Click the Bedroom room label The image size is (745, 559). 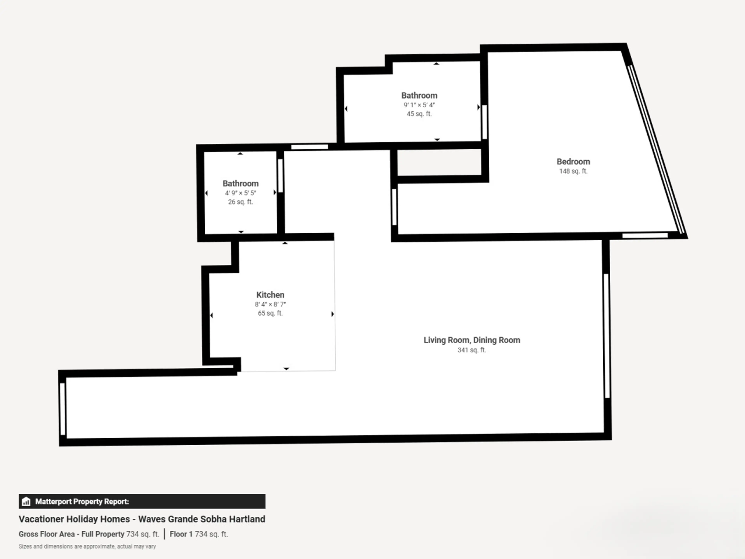pos(573,162)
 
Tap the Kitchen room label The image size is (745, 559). pos(270,295)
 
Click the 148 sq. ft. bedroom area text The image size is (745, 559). pos(573,171)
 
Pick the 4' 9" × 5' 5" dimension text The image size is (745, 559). pos(240,193)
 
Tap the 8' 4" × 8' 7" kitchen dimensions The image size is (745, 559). pos(270,304)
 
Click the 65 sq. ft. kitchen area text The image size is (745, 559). pos(270,313)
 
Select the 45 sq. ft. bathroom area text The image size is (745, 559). pos(419,114)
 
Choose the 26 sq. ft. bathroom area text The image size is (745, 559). pos(240,202)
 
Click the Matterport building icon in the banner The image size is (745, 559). pos(26,502)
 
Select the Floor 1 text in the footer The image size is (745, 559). pos(181,534)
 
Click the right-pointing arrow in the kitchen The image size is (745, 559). pos(332,314)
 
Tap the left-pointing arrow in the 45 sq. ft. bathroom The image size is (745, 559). pos(346,109)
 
